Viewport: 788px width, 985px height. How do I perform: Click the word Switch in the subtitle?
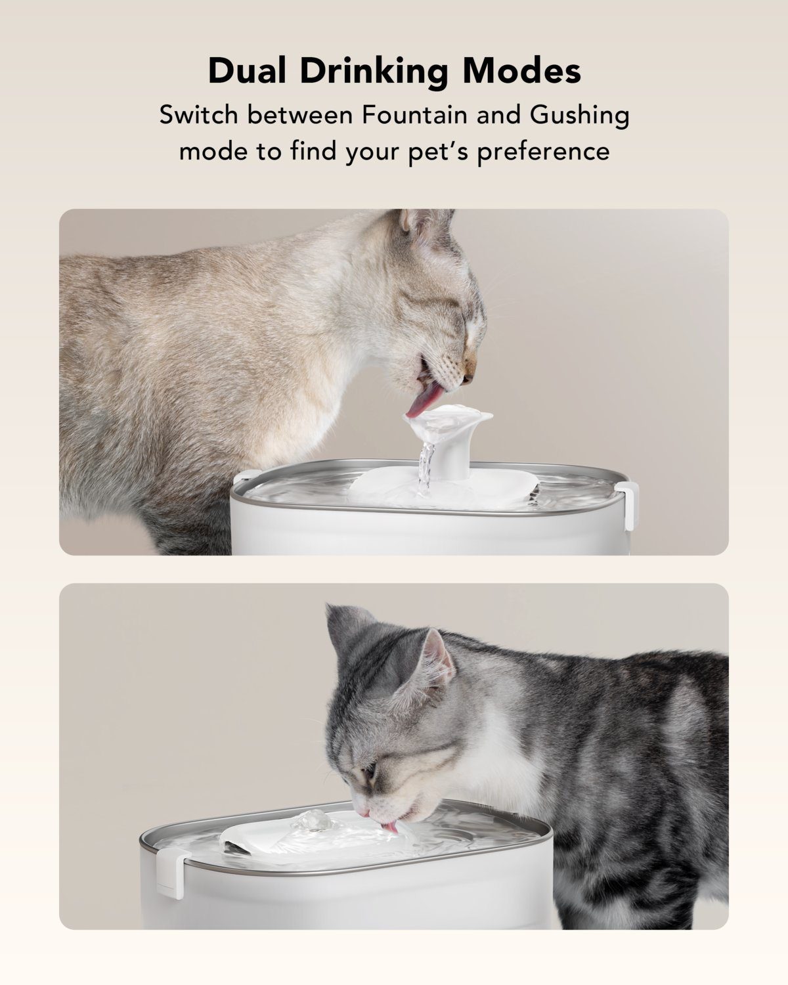(x=198, y=116)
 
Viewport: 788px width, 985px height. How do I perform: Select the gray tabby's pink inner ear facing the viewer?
(x=433, y=660)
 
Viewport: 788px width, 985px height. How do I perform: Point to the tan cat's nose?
(x=468, y=379)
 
